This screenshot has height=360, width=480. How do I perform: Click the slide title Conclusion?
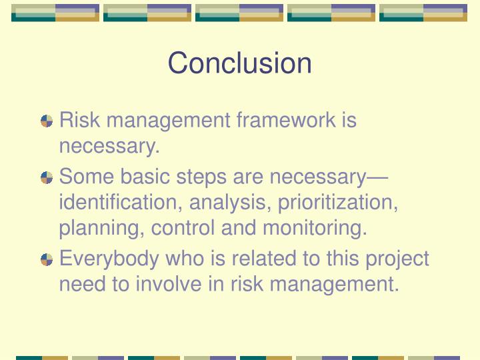pyautogui.click(x=239, y=63)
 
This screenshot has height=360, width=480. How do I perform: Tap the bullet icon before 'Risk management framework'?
pyautogui.click(x=47, y=121)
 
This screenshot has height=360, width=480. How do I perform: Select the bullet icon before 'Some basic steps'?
pyautogui.click(x=47, y=178)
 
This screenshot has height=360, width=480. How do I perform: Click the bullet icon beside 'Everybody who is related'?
pyautogui.click(x=47, y=259)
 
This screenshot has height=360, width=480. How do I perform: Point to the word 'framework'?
pyautogui.click(x=286, y=120)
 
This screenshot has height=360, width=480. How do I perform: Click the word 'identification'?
pyautogui.click(x=121, y=202)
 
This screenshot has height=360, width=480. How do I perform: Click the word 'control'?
pyautogui.click(x=183, y=228)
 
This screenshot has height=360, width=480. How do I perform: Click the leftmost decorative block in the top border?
pyautogui.click(x=55, y=13)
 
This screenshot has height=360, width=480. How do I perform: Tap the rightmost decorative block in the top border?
pyautogui.click(x=423, y=13)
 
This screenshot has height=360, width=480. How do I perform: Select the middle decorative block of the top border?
pyautogui.click(x=239, y=13)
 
